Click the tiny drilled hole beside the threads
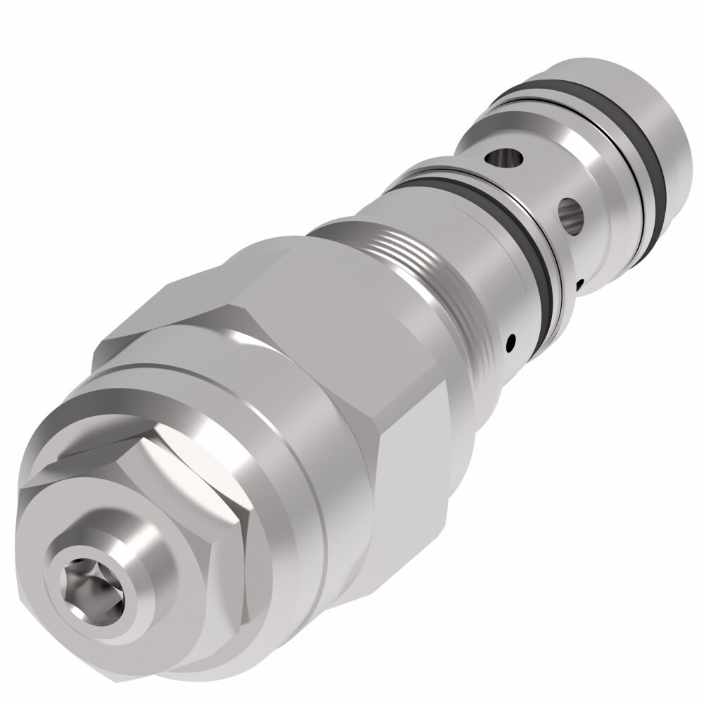(511, 343)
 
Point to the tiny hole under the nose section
(579, 284)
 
